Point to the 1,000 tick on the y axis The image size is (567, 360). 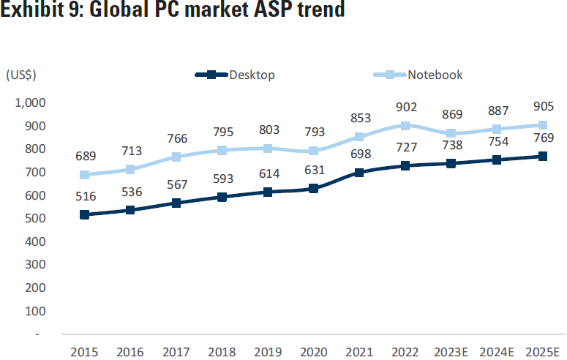click(30, 102)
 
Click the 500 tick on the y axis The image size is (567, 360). click(36, 218)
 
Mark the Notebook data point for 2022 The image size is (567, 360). click(405, 125)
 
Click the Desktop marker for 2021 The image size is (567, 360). click(358, 173)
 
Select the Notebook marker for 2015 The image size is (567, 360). click(84, 175)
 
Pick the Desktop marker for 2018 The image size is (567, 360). click(222, 197)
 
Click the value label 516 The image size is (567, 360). click(84, 196)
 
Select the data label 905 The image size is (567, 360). click(542, 106)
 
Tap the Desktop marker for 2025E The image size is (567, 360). click(542, 156)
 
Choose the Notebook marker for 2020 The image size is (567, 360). click(313, 151)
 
